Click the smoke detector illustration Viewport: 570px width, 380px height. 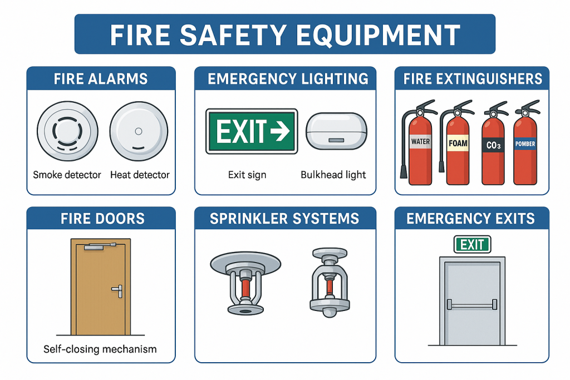click(x=67, y=131)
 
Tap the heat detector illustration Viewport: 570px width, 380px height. click(x=139, y=131)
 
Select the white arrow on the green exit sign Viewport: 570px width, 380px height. click(x=280, y=131)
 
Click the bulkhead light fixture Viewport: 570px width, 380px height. click(x=336, y=131)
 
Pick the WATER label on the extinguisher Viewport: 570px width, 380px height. click(x=421, y=142)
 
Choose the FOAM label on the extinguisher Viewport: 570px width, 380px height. click(x=458, y=143)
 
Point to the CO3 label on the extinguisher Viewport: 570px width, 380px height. click(x=493, y=145)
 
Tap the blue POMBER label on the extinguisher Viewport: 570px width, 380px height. click(x=525, y=144)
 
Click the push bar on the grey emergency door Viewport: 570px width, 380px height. click(x=472, y=305)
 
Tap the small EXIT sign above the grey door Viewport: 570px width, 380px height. click(x=472, y=244)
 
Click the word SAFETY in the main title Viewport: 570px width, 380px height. click(x=233, y=35)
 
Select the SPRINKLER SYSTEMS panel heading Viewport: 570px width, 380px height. click(x=284, y=219)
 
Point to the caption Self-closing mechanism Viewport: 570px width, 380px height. click(x=100, y=349)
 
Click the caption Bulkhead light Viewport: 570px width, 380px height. click(x=333, y=175)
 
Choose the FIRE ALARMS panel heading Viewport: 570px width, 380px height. click(x=101, y=79)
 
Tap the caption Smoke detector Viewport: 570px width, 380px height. click(x=67, y=175)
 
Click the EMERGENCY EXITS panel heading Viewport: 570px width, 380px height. click(x=471, y=219)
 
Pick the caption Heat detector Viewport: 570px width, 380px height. click(x=140, y=175)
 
